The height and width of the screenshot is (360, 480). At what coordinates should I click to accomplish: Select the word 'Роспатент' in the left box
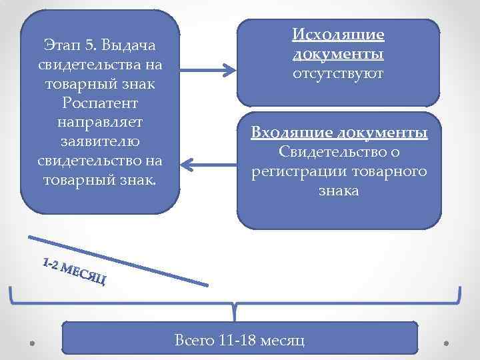click(100, 103)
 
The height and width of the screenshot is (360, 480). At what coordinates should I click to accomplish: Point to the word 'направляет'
click(100, 123)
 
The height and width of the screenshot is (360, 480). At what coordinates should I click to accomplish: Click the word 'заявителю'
click(100, 142)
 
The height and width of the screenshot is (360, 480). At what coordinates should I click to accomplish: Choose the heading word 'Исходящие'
click(339, 35)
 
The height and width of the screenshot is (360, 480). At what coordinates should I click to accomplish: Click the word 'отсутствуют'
click(339, 73)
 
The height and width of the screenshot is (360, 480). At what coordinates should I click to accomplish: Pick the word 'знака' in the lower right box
click(339, 191)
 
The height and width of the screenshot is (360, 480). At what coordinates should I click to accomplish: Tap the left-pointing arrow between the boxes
click(207, 163)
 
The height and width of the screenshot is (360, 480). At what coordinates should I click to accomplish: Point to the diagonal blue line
click(120, 261)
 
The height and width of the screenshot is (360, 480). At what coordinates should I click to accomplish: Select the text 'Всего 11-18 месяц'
click(239, 340)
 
